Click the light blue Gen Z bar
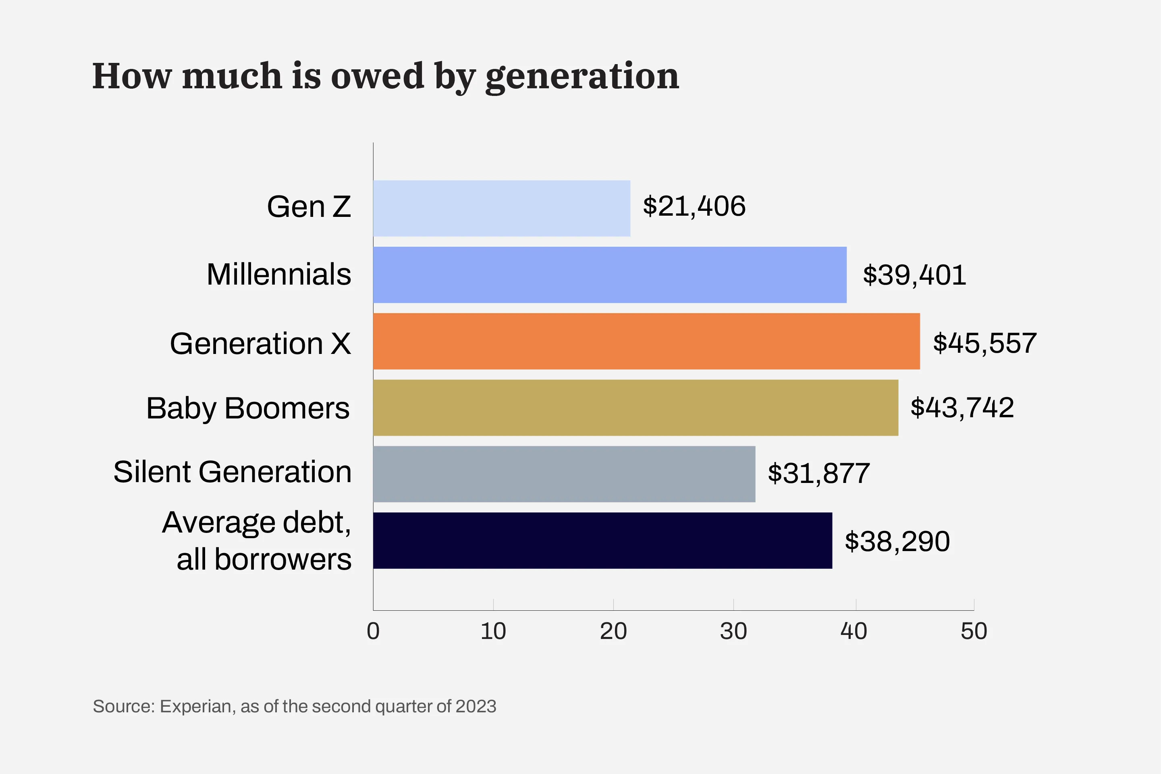point(501,208)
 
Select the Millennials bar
point(609,275)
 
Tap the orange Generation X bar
point(646,341)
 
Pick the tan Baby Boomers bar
point(635,408)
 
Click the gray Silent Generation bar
point(563,474)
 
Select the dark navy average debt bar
point(602,541)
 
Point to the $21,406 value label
point(694,206)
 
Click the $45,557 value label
point(984,343)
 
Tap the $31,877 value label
point(818,473)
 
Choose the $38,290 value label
point(897,541)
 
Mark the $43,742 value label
point(962,408)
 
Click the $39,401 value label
point(914,275)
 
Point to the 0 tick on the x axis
point(373,631)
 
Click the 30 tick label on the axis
point(733,631)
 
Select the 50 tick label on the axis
point(974,631)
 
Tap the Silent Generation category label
point(233,472)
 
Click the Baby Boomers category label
point(248,409)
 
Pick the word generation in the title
point(582,77)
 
